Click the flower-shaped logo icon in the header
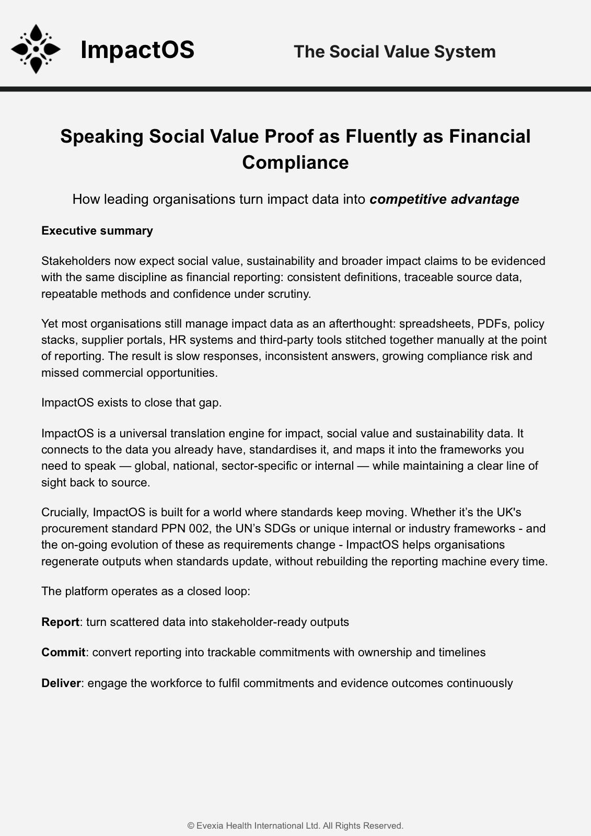click(x=36, y=49)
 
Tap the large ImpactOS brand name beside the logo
click(x=137, y=50)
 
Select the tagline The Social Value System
click(x=395, y=52)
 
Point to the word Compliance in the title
click(x=295, y=162)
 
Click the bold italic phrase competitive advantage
click(x=444, y=199)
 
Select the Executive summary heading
click(x=97, y=231)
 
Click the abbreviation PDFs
click(x=493, y=324)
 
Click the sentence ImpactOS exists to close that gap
click(x=132, y=403)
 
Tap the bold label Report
click(x=60, y=622)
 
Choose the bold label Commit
click(x=63, y=652)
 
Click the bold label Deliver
click(x=61, y=683)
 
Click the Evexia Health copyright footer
click(x=295, y=826)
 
